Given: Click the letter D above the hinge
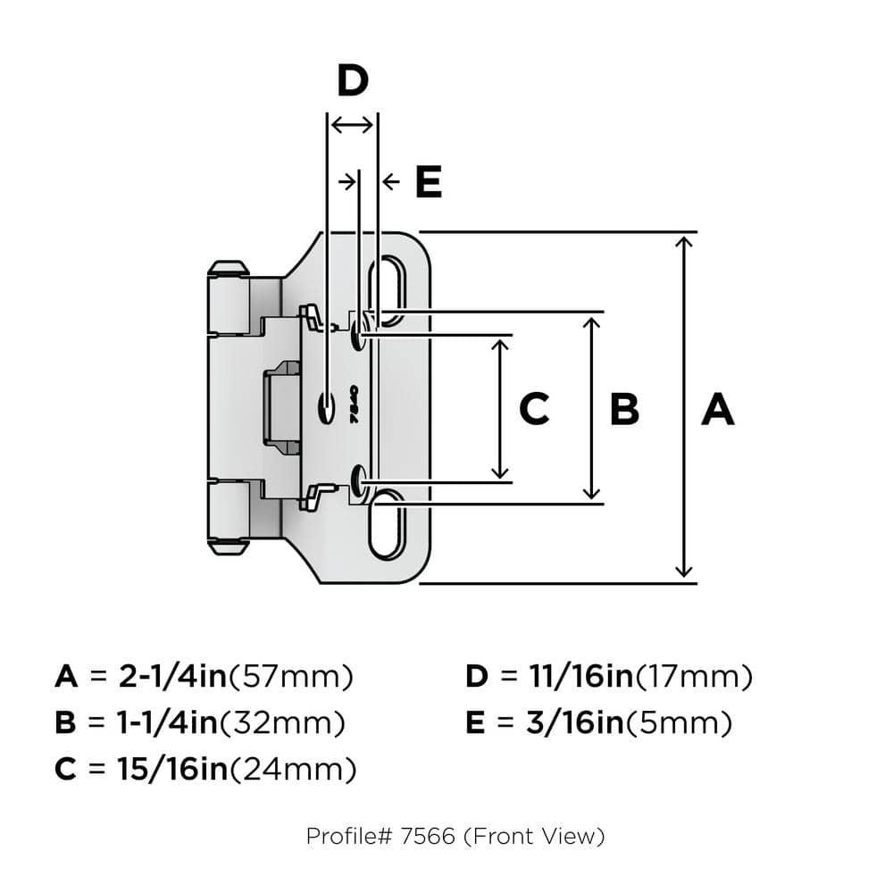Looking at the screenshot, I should point(353,81).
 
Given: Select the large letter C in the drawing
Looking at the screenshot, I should point(533,410).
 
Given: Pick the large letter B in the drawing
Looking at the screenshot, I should point(624,410).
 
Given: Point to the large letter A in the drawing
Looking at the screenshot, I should point(717,410).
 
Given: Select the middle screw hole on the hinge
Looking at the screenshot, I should point(326,407).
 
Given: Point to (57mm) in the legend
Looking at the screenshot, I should point(291,677).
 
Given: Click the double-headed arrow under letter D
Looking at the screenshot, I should point(352,125).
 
